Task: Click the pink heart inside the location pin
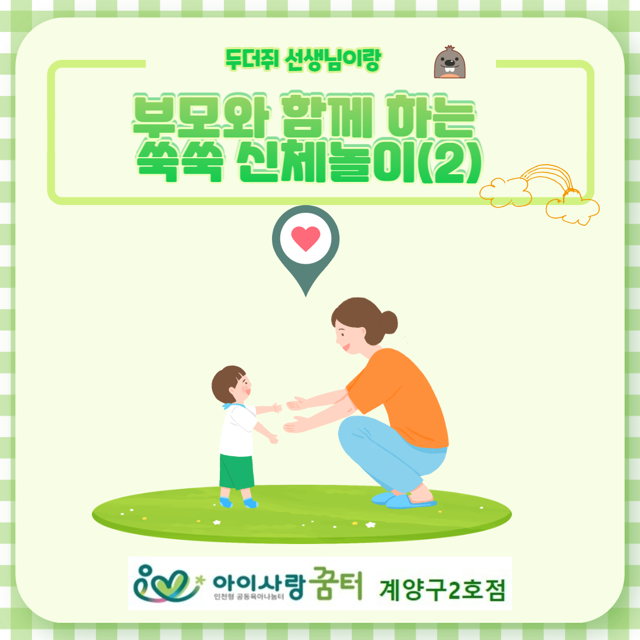(x=305, y=238)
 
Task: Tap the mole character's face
(x=449, y=62)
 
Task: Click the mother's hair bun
(x=388, y=322)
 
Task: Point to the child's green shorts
(x=236, y=472)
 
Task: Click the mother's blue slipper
(x=408, y=501)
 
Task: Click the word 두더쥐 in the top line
(x=252, y=60)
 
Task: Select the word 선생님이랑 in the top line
(x=332, y=60)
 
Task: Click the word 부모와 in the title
(x=201, y=115)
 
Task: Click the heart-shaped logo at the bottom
(x=167, y=584)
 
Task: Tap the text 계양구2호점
(x=443, y=590)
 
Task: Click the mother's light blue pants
(x=392, y=453)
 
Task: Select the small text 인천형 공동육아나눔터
(x=248, y=597)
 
